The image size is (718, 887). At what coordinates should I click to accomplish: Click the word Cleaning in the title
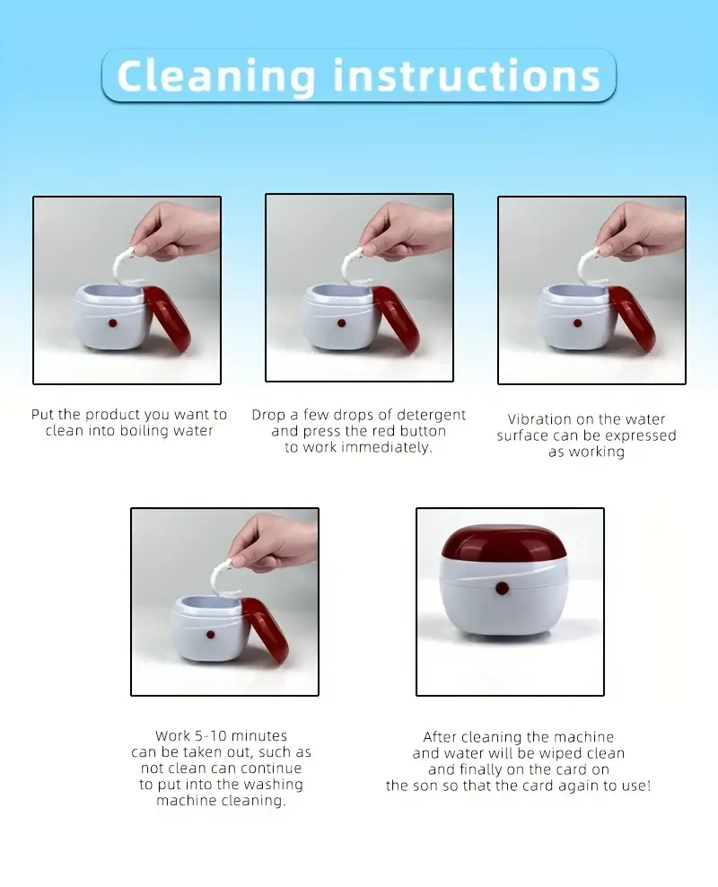217,75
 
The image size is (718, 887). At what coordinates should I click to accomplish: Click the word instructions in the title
467,75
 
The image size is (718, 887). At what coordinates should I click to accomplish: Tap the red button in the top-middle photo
343,321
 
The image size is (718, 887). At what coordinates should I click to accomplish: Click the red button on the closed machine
502,589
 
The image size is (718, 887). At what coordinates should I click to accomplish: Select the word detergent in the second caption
421,415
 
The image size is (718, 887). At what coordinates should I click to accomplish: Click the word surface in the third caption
525,435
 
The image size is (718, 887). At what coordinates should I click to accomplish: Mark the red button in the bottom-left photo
210,635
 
